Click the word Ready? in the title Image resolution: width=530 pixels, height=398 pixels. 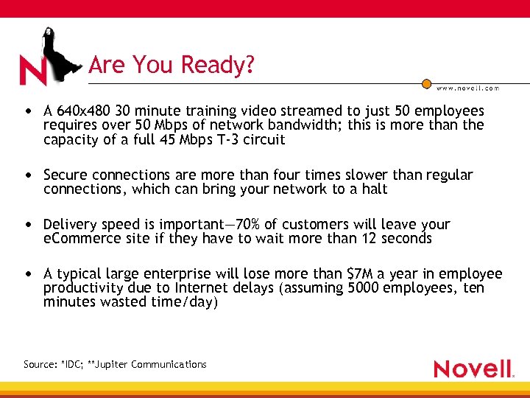[220, 66]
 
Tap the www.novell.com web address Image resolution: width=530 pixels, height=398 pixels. [467, 88]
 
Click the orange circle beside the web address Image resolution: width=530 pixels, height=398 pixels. [426, 85]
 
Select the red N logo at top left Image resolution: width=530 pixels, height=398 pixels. [32, 70]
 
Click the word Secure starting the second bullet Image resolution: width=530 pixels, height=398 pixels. [66, 175]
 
